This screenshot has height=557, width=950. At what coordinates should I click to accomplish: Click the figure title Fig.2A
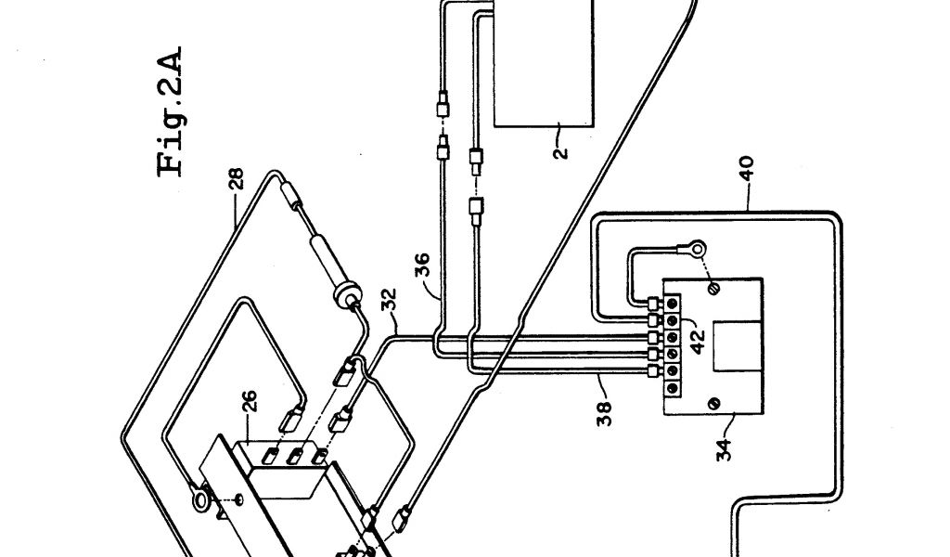tap(172, 110)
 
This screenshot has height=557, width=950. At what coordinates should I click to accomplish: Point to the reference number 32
tap(390, 303)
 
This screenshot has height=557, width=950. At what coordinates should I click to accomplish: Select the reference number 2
tap(560, 146)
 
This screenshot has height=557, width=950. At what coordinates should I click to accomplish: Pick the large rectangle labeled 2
tap(544, 60)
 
